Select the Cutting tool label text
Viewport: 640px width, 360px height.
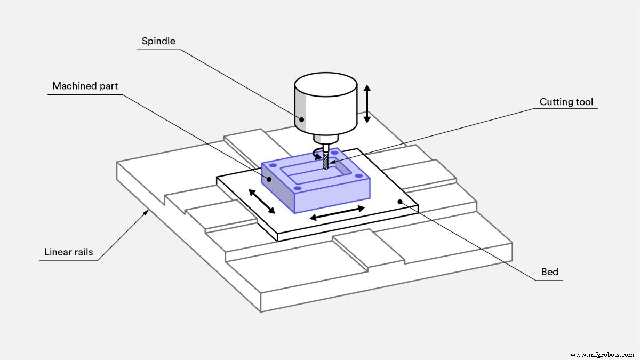click(566, 102)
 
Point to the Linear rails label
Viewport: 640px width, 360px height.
click(68, 252)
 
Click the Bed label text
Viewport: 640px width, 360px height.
click(549, 272)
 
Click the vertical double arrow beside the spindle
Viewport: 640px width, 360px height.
click(367, 103)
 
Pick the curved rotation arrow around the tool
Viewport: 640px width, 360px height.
click(318, 155)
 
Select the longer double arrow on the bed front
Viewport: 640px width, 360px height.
click(337, 213)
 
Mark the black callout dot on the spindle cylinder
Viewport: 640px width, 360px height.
click(302, 119)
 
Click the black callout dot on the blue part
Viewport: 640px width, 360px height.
click(270, 180)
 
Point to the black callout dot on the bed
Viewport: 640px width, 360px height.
click(399, 201)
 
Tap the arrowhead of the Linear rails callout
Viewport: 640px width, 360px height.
click(148, 212)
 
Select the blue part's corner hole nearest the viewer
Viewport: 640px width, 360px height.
click(299, 187)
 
